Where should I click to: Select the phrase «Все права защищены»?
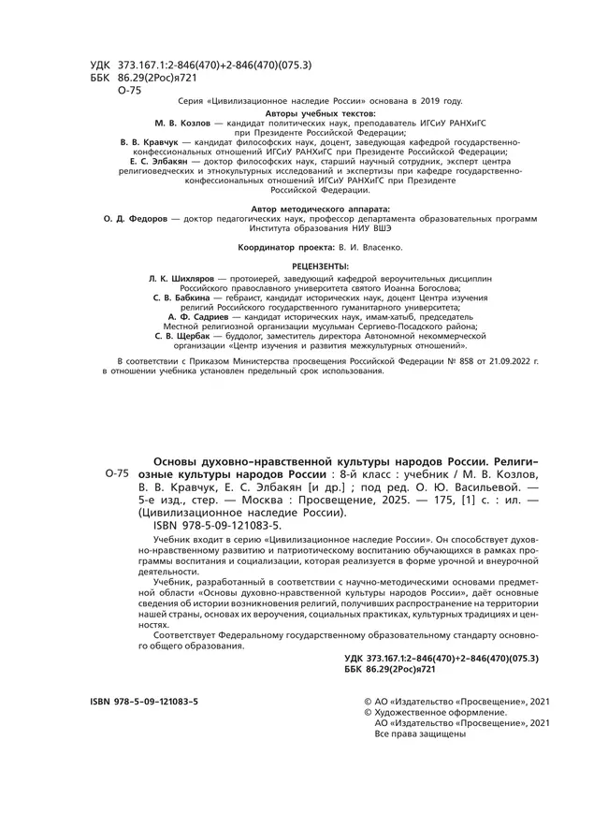[x=420, y=733]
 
